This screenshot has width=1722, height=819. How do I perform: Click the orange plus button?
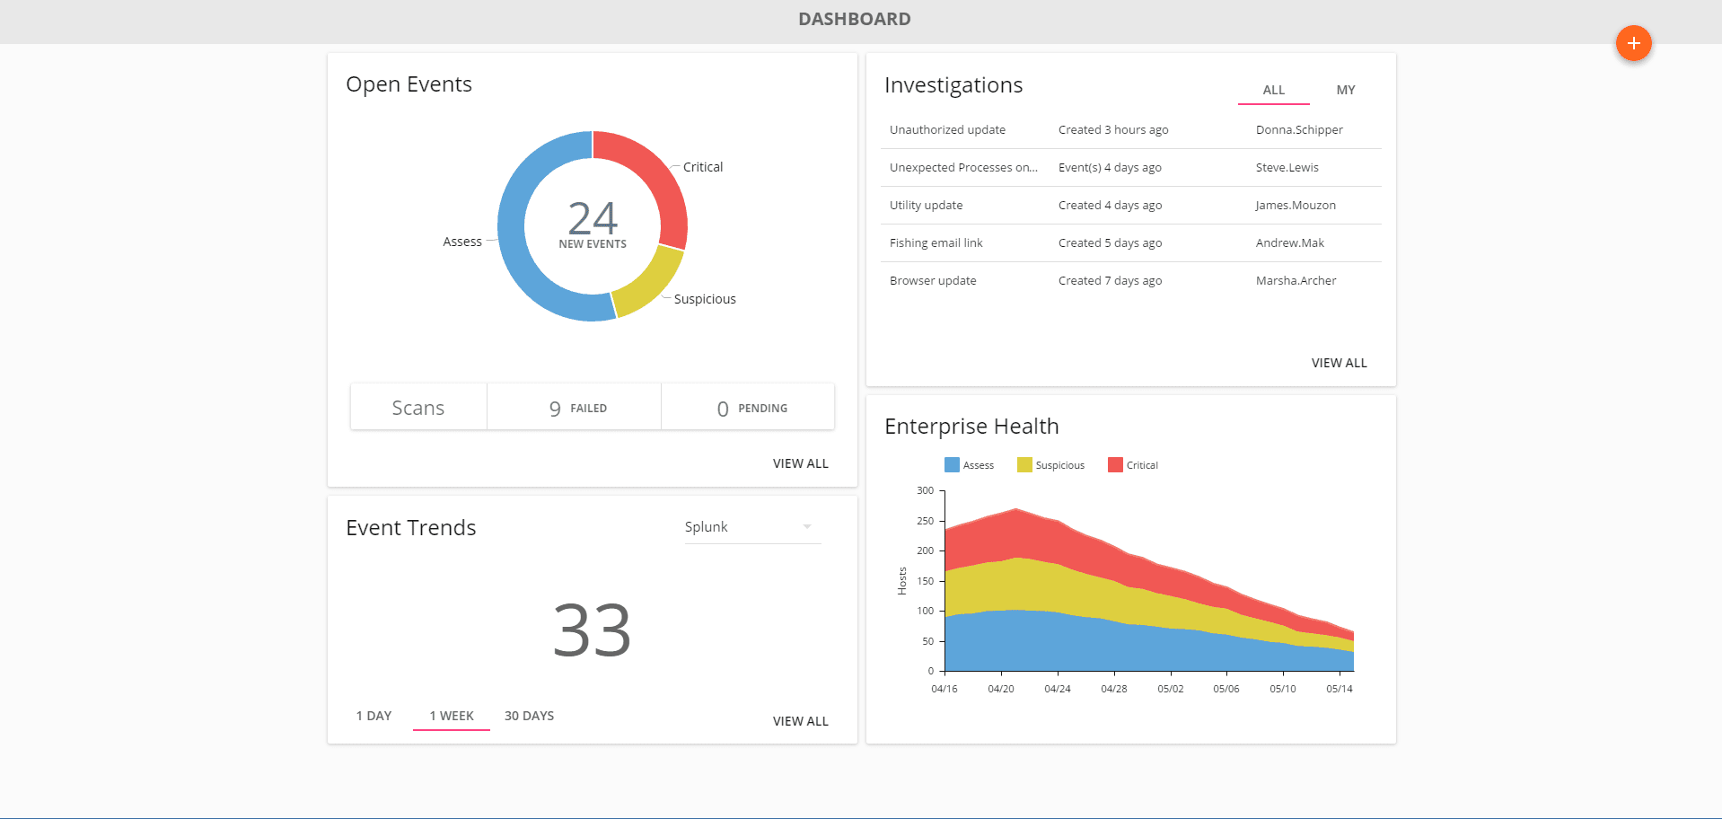[x=1633, y=43]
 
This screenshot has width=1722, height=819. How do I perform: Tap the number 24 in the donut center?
[x=593, y=218]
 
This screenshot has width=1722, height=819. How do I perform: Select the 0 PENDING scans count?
[x=751, y=409]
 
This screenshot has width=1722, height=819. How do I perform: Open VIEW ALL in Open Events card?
[x=800, y=463]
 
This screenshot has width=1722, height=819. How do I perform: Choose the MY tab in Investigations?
[x=1345, y=90]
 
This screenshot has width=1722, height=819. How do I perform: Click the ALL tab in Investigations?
[x=1273, y=90]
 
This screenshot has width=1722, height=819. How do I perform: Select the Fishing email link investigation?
[x=936, y=243]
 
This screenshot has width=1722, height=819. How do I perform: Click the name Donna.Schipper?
[x=1298, y=130]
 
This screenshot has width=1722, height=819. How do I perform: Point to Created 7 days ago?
[x=1110, y=281]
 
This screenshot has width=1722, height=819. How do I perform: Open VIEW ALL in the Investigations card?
[x=1339, y=363]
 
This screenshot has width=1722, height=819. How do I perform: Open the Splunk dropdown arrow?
[x=806, y=527]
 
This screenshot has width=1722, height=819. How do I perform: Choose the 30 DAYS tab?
[x=529, y=716]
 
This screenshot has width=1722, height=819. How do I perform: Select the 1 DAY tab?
[x=373, y=716]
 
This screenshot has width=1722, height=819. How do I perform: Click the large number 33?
[x=592, y=630]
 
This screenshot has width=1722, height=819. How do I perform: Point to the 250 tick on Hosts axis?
[x=925, y=521]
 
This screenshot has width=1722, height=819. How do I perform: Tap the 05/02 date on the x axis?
[x=1170, y=689]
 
